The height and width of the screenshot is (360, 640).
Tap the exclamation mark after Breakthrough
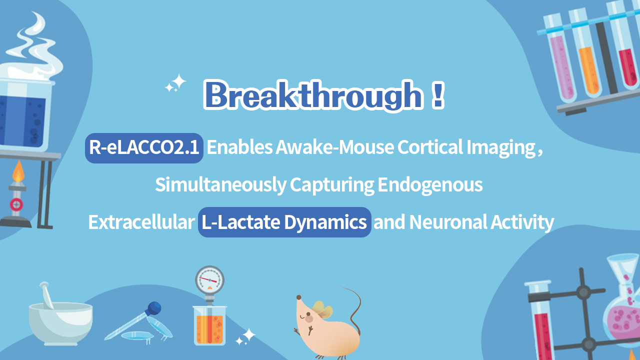(437, 95)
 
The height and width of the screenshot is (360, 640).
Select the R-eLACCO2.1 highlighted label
(144, 148)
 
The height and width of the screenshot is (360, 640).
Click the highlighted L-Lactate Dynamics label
(284, 222)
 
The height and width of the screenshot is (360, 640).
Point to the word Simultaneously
(220, 185)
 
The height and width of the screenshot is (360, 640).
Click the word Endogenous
(430, 185)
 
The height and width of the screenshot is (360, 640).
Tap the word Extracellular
(140, 222)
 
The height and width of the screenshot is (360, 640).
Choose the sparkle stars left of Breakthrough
(176, 83)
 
